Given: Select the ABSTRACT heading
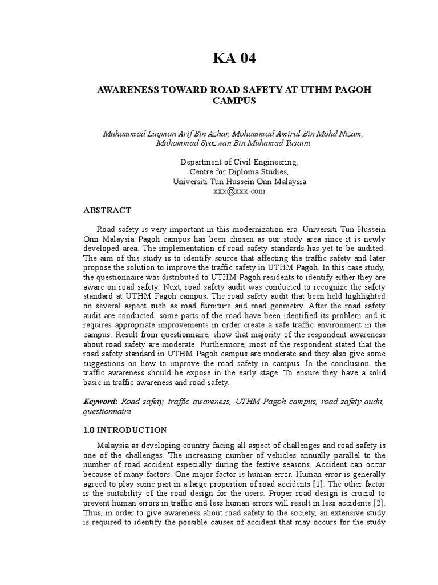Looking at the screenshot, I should click(107, 210).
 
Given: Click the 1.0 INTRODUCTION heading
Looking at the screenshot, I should click(125, 430).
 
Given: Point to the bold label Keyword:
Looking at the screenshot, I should click(100, 402).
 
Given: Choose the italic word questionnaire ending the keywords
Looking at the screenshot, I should click(107, 411).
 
